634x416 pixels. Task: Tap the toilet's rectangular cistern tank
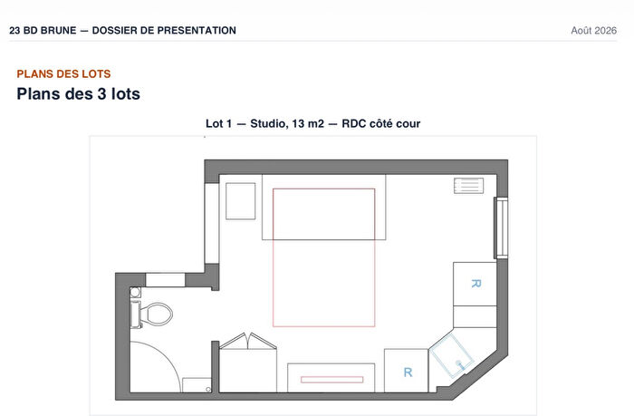pos(136,314)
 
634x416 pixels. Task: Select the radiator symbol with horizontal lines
pos(468,186)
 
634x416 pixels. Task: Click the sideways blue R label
pos(475,284)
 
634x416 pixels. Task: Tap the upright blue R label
pos(408,372)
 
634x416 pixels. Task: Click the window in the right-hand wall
pos(501,227)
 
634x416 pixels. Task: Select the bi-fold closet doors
pos(248,341)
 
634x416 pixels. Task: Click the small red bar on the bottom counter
pos(332,380)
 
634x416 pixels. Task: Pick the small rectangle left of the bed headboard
pos(241,201)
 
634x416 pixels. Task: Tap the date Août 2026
pos(593,30)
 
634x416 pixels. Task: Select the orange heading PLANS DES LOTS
pos(63,74)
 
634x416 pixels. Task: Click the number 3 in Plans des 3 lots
pos(101,94)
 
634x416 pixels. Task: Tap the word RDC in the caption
pos(354,123)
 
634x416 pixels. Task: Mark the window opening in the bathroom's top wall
pos(166,280)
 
